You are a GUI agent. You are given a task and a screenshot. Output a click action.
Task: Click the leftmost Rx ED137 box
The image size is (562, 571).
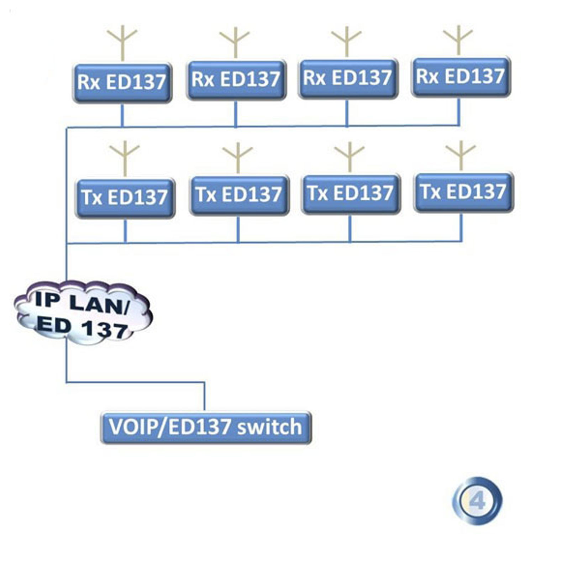(x=122, y=83)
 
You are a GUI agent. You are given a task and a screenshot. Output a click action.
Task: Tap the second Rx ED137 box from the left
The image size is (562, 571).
(x=236, y=80)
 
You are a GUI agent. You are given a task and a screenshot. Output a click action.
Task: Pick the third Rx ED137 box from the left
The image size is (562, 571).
(x=348, y=78)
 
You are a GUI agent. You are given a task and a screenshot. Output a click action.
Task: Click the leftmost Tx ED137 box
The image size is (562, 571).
(x=125, y=198)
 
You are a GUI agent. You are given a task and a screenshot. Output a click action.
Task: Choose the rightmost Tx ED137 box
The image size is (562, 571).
(x=463, y=192)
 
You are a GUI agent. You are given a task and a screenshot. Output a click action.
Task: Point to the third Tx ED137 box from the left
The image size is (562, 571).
(x=351, y=193)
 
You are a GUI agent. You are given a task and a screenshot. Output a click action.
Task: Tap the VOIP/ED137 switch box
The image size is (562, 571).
(x=206, y=427)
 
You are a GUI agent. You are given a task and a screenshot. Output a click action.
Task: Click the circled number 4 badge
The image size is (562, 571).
(x=477, y=501)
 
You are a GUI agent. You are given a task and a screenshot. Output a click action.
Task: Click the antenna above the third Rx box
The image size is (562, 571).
(x=346, y=41)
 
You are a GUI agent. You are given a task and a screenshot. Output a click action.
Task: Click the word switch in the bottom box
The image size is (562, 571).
(x=269, y=427)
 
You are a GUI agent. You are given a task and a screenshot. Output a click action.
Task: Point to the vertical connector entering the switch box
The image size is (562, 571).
(x=205, y=397)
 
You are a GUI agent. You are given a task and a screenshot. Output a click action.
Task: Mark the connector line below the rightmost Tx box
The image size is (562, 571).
(x=462, y=227)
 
